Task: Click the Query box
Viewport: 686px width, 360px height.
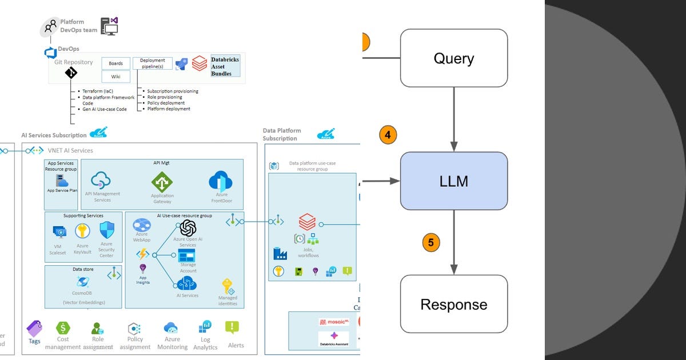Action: coord(453,58)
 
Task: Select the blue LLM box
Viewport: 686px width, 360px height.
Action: coord(453,181)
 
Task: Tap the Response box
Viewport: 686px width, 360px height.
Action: coord(453,303)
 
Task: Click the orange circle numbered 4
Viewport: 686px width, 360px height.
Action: coord(388,135)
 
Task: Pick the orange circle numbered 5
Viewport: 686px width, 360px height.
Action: coord(431,242)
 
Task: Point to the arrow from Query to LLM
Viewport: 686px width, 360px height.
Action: coord(454,119)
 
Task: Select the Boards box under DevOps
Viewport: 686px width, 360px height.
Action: coord(115,63)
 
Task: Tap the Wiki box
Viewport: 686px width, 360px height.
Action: coord(115,77)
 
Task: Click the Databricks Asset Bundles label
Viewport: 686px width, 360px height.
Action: coord(225,66)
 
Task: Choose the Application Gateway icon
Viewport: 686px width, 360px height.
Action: coord(162,182)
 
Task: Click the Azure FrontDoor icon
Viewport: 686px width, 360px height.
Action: coord(221,181)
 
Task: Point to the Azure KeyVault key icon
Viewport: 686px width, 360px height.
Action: coord(82,231)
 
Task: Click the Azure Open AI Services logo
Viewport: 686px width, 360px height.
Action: coord(188,228)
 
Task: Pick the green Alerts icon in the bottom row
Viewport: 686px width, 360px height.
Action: coord(232,327)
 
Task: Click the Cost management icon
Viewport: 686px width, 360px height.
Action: coord(63,328)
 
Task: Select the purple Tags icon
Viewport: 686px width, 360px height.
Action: coord(34,328)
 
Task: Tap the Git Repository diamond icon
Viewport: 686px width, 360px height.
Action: coord(71,73)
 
